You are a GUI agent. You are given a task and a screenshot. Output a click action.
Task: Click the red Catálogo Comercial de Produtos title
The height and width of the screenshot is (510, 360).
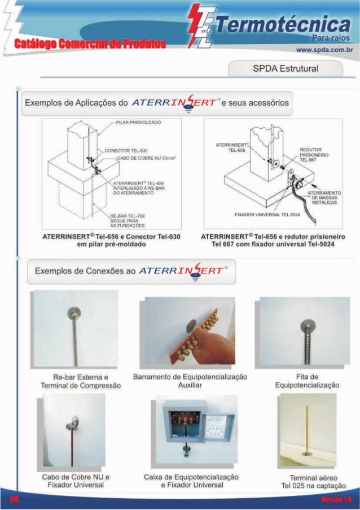(90, 44)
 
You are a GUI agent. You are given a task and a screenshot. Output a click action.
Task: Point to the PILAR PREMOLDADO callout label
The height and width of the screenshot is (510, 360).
(139, 122)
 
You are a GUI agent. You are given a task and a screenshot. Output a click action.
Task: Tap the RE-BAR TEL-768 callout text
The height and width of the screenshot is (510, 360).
(127, 220)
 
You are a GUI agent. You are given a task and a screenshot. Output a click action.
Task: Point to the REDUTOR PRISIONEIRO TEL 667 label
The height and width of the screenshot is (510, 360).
(311, 154)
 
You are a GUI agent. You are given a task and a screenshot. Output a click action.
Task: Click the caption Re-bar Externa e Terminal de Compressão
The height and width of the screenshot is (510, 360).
(81, 381)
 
